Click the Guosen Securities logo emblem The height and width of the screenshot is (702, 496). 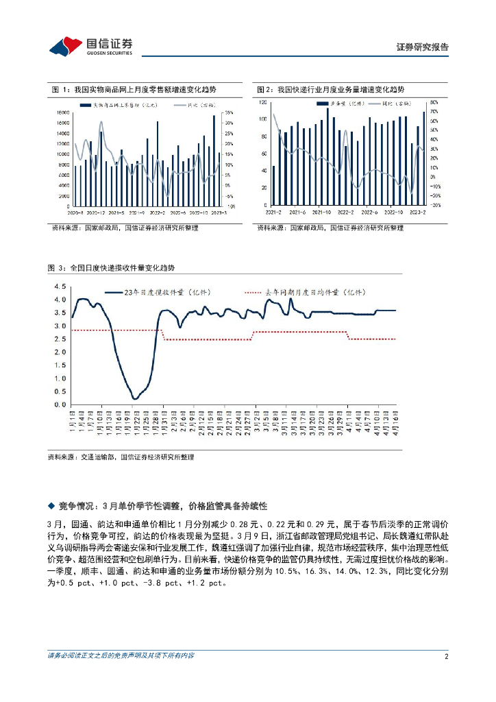[x=64, y=46]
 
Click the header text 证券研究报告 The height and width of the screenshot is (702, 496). [x=423, y=47]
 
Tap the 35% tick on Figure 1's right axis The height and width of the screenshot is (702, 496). [x=230, y=112]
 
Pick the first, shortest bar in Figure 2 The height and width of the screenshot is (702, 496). [x=273, y=185]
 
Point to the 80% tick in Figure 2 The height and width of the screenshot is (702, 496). [x=434, y=102]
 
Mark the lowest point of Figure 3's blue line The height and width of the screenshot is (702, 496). [x=134, y=398]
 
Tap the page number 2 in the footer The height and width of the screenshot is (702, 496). [x=446, y=656]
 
